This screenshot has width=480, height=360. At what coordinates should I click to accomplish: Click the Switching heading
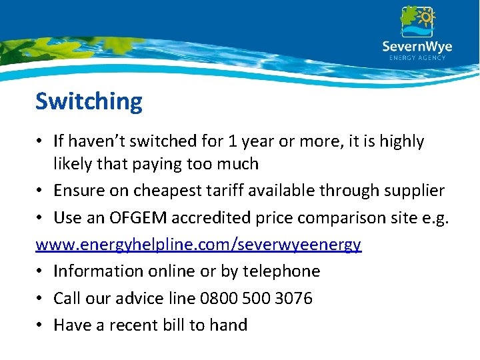click(89, 101)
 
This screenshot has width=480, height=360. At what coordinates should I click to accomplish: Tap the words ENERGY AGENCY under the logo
click(417, 58)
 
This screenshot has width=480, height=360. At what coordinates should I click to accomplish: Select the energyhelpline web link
click(198, 245)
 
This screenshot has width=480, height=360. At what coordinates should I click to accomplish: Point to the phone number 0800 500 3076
click(256, 298)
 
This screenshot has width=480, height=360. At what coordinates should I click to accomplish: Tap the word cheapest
click(163, 191)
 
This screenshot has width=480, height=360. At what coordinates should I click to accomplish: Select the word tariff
click(217, 191)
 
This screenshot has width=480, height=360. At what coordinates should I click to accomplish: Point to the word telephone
click(282, 271)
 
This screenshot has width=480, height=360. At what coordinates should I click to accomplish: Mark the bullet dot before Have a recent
click(41, 325)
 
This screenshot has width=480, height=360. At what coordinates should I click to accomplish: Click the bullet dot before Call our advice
click(41, 299)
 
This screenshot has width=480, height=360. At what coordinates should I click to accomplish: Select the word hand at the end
click(229, 325)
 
